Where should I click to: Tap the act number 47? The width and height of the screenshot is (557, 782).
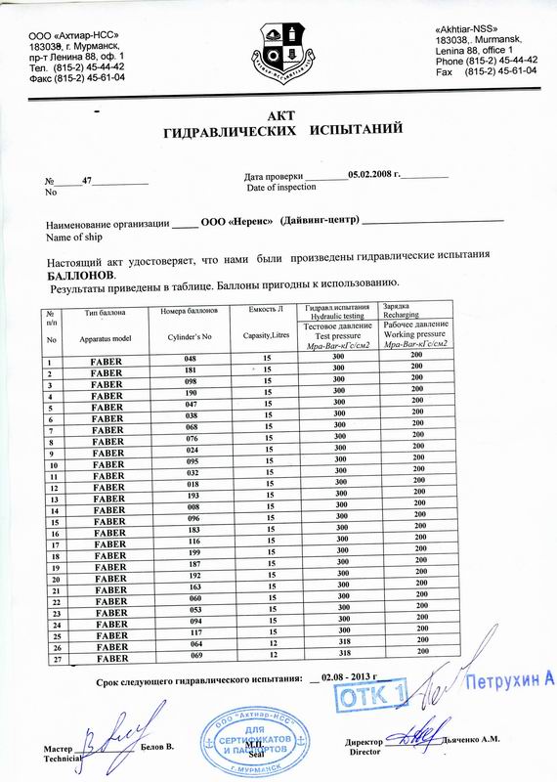87,182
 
